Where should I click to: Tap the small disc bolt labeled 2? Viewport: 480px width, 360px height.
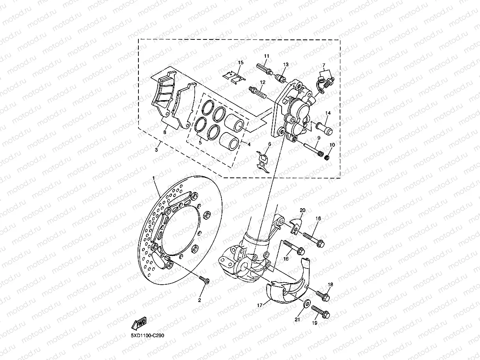click(205, 280)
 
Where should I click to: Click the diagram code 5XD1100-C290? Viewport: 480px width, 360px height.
click(148, 336)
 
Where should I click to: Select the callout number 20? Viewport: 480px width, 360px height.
click(303, 210)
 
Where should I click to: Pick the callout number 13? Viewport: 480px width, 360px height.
click(286, 64)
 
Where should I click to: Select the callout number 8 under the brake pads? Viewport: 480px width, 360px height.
click(165, 132)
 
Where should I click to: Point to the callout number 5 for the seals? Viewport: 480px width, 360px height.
click(200, 142)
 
